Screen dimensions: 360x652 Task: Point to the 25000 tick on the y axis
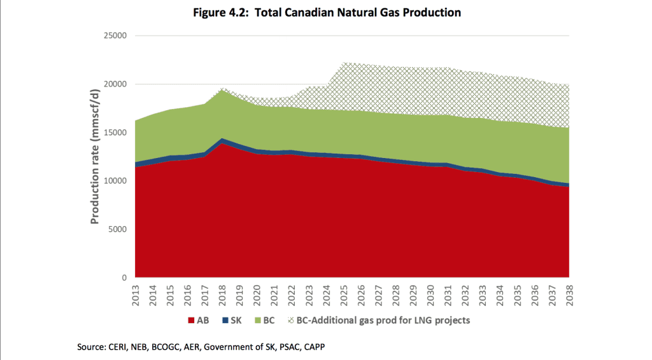(115, 36)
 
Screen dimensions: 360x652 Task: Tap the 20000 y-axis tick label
(115, 84)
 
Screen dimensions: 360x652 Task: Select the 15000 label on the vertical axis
(115, 133)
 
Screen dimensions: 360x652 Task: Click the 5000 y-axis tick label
(118, 229)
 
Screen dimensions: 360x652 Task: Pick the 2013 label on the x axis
(136, 297)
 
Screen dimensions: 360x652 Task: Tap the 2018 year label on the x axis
(222, 297)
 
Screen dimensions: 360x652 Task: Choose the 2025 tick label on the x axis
(344, 297)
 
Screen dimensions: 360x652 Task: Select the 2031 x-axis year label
(448, 297)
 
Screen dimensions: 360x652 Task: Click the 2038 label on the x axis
(569, 297)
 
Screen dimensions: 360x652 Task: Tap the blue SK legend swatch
(226, 320)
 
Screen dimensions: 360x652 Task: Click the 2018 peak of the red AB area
(222, 143)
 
